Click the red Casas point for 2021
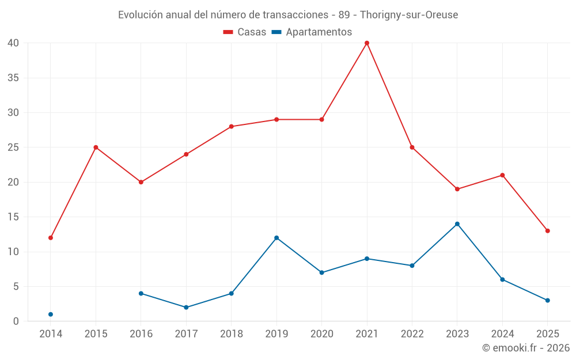point(367,43)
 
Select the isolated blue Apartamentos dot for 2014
point(51,314)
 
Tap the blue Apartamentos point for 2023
point(457,224)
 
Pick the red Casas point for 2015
point(96,147)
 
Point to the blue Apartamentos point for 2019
point(276,238)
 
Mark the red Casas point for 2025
point(548,231)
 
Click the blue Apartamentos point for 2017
point(186,308)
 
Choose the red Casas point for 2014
point(51,238)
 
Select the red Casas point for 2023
point(457,189)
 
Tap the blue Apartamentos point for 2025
point(548,301)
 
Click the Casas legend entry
point(245,32)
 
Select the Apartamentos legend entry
point(312,32)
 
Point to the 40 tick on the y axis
point(14,43)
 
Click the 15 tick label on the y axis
point(14,217)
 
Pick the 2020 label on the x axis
point(322,334)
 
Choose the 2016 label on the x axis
point(141,334)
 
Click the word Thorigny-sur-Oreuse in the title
point(409,15)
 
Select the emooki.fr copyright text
point(525,348)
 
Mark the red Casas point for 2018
point(232,127)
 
